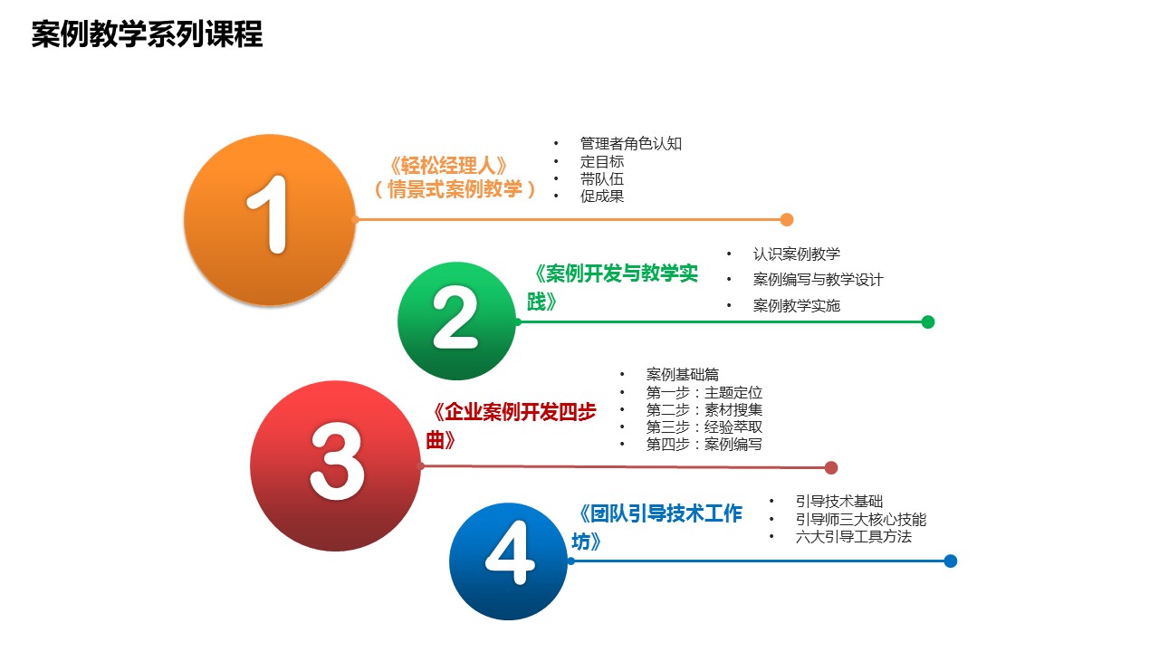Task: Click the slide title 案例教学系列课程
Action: [147, 34]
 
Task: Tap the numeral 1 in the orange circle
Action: [269, 215]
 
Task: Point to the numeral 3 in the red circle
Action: [337, 461]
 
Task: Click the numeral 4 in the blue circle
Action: [510, 552]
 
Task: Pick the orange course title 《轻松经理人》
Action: [448, 166]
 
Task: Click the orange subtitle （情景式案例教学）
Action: [455, 189]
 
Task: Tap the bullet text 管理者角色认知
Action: [631, 143]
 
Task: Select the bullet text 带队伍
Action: [602, 179]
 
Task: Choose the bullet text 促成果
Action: [602, 197]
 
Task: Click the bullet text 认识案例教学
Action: [796, 254]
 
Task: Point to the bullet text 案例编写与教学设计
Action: [818, 280]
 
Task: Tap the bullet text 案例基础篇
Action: [683, 374]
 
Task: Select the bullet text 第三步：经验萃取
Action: [704, 427]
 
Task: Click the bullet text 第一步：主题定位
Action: [704, 392]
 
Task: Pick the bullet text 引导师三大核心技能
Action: [861, 519]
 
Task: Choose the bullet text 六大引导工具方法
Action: [854, 537]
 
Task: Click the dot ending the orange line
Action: [787, 219]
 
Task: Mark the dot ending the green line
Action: [928, 321]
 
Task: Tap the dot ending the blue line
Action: [950, 561]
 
